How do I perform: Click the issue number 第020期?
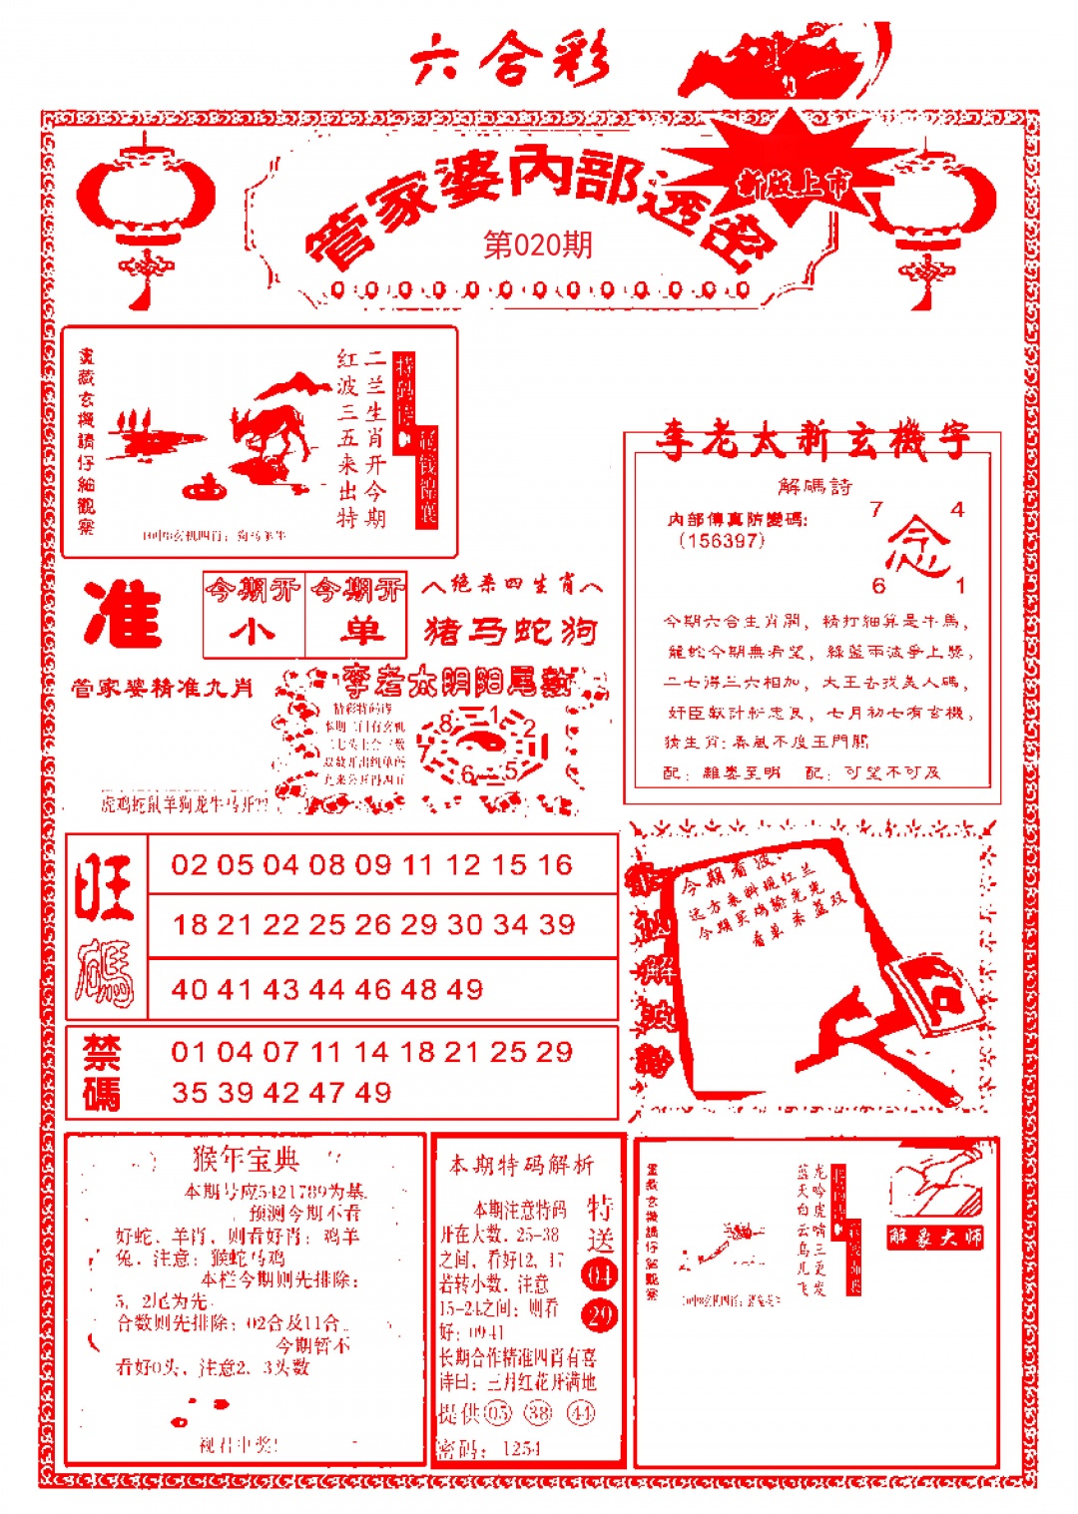538,245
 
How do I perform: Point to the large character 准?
123,614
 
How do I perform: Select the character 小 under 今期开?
253,632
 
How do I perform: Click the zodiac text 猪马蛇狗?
510,631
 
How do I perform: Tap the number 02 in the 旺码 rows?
189,864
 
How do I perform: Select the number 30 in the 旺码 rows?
464,924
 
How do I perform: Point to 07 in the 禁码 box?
280,1052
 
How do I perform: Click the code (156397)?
721,540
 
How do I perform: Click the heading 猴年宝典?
245,1159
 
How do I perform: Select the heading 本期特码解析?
521,1164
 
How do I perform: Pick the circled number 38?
539,1412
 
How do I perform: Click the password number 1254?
521,1448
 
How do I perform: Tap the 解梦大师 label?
935,1238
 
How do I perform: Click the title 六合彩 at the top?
509,60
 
